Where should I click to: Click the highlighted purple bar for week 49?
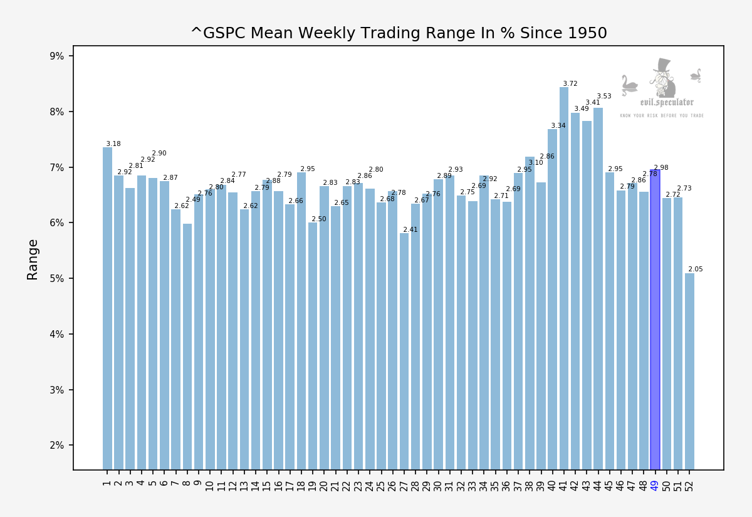click(x=655, y=320)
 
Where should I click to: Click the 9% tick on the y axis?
click(x=57, y=56)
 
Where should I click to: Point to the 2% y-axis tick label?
click(x=57, y=446)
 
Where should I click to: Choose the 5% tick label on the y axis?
click(x=57, y=278)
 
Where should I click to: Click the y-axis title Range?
click(x=33, y=259)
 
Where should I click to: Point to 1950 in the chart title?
click(x=585, y=33)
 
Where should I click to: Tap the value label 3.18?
click(x=113, y=144)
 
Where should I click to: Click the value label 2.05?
click(x=696, y=269)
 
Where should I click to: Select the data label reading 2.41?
click(x=410, y=230)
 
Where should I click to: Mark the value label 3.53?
click(x=604, y=97)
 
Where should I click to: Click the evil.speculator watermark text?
click(x=667, y=102)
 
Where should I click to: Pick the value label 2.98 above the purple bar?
click(x=661, y=168)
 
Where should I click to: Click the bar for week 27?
click(x=404, y=351)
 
